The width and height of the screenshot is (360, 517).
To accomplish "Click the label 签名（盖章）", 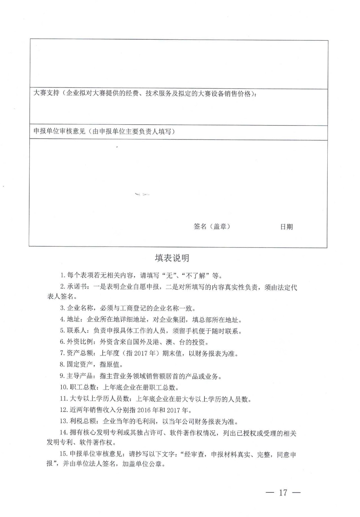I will tap(212, 227).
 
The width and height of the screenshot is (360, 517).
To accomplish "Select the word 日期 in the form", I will tap(286, 227).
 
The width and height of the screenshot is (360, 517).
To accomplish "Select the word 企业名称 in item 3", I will tap(80, 308).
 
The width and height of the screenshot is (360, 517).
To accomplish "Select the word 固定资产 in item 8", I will tap(80, 364).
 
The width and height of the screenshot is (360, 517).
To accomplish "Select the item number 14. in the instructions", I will tap(63, 433).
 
